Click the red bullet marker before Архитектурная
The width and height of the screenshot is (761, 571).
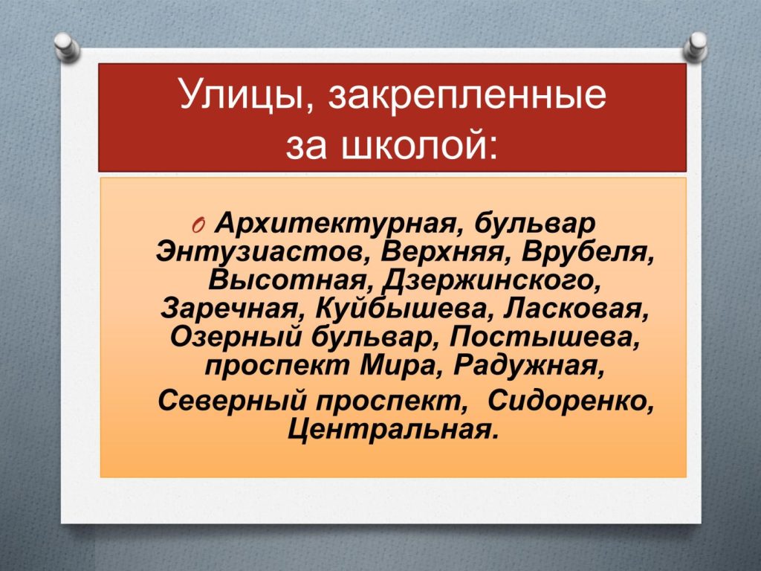point(199,225)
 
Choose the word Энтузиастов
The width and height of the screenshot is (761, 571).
point(262,253)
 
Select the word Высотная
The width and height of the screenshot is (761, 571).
point(289,280)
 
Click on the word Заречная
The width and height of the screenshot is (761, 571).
point(233,309)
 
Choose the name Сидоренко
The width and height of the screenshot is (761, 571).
point(570,401)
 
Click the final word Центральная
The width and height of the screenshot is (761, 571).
point(392,429)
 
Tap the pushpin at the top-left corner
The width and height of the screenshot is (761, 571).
point(66,47)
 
